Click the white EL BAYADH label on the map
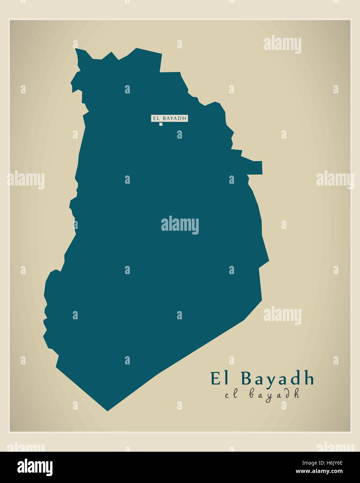169,118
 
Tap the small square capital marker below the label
161,124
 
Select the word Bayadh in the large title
277,379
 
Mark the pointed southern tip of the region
107,410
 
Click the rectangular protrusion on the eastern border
255,167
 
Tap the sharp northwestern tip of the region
76,50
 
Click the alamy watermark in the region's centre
180,225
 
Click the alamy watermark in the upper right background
282,44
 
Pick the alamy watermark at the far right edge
335,180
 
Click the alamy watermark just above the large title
282,315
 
